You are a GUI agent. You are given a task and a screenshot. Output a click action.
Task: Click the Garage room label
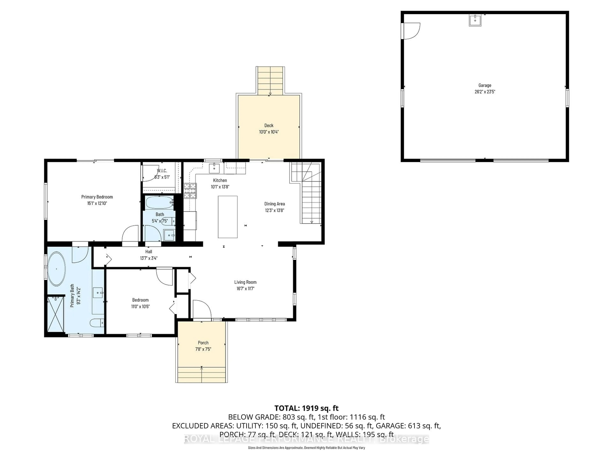pos(484,85)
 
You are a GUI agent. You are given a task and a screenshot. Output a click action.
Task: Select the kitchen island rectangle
pos(227,217)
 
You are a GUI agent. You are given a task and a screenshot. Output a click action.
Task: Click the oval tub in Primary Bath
pos(57,269)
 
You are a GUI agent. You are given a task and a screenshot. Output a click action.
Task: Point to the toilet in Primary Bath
pos(96,323)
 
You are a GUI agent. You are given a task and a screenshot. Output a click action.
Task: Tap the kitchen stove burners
pos(190,191)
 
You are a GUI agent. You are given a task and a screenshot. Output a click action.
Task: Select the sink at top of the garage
pos(475,20)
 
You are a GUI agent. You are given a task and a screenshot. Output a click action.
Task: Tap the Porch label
pos(203,343)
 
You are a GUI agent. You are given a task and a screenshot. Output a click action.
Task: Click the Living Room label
pos(245,282)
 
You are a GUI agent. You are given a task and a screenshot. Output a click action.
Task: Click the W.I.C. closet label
pos(162,171)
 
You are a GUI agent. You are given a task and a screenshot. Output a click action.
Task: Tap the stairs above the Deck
pos(270,80)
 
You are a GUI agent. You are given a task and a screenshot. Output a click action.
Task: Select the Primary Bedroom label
pos(97,197)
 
